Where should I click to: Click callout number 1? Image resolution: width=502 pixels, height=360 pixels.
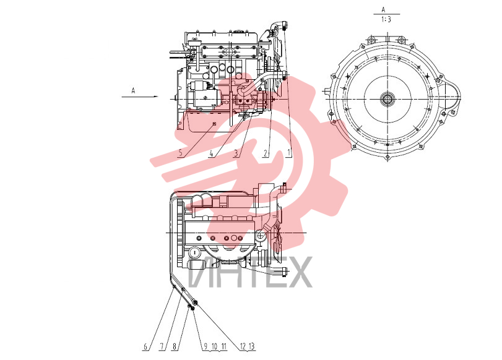point(289,153)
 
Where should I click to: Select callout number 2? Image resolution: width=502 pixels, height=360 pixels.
point(265,153)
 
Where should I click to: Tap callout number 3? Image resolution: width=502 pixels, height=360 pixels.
point(236,153)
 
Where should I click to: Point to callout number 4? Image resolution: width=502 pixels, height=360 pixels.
point(211,153)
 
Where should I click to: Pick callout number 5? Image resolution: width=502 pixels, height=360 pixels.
point(181,153)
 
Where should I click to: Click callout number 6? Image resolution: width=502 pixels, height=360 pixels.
point(145,346)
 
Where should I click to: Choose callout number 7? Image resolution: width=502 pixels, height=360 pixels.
point(162,346)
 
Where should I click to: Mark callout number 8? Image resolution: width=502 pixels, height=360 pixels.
point(175,346)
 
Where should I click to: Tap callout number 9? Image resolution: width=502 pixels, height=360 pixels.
point(206,346)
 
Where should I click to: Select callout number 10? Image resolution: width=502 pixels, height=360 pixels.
point(215,346)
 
